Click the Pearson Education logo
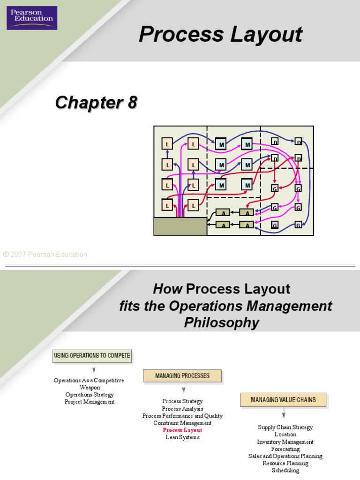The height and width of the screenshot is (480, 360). (x=32, y=18)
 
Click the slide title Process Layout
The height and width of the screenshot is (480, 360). (x=220, y=35)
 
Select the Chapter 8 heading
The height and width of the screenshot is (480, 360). (x=96, y=102)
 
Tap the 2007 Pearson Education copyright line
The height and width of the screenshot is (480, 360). (x=45, y=255)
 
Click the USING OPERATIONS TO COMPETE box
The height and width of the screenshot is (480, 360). (x=92, y=356)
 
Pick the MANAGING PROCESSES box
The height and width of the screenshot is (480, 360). (x=183, y=376)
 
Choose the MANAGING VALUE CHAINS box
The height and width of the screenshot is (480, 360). (x=283, y=400)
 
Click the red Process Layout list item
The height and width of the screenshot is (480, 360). (x=182, y=430)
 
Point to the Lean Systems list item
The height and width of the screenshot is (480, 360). (x=182, y=437)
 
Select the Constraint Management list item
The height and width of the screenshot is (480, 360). (x=182, y=423)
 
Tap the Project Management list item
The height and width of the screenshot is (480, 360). (x=90, y=402)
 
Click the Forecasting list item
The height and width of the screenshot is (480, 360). (x=285, y=449)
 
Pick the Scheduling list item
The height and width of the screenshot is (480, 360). (x=285, y=470)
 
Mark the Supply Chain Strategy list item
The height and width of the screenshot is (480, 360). (x=285, y=427)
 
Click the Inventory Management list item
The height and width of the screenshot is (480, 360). (x=285, y=442)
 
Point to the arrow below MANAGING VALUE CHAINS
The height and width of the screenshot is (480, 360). (x=284, y=414)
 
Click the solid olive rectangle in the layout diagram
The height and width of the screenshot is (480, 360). (x=180, y=226)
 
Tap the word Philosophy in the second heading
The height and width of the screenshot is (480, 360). (x=221, y=323)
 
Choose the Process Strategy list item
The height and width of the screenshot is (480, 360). (x=182, y=401)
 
